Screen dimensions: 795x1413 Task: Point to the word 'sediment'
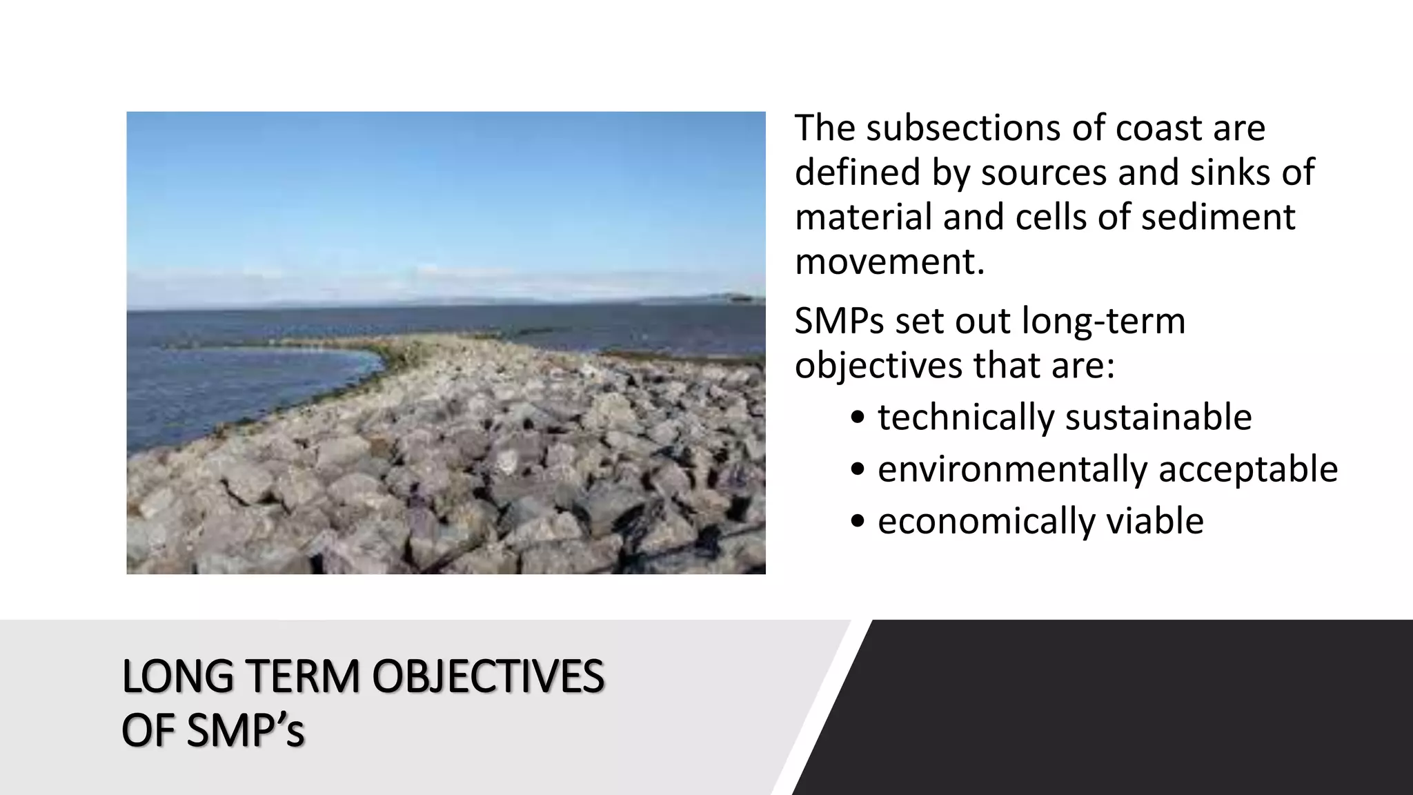coord(1218,217)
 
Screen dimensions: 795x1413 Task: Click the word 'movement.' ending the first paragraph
coord(890,262)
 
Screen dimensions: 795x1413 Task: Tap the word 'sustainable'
coord(1158,418)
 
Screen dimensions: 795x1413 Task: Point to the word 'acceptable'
coord(1248,469)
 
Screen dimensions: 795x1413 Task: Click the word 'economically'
coord(987,521)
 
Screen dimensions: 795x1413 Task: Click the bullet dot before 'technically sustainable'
coord(858,418)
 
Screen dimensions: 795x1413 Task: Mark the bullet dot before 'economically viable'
coord(858,522)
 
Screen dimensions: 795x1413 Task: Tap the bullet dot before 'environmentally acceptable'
coord(858,470)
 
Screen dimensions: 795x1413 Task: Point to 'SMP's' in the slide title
coord(245,731)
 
